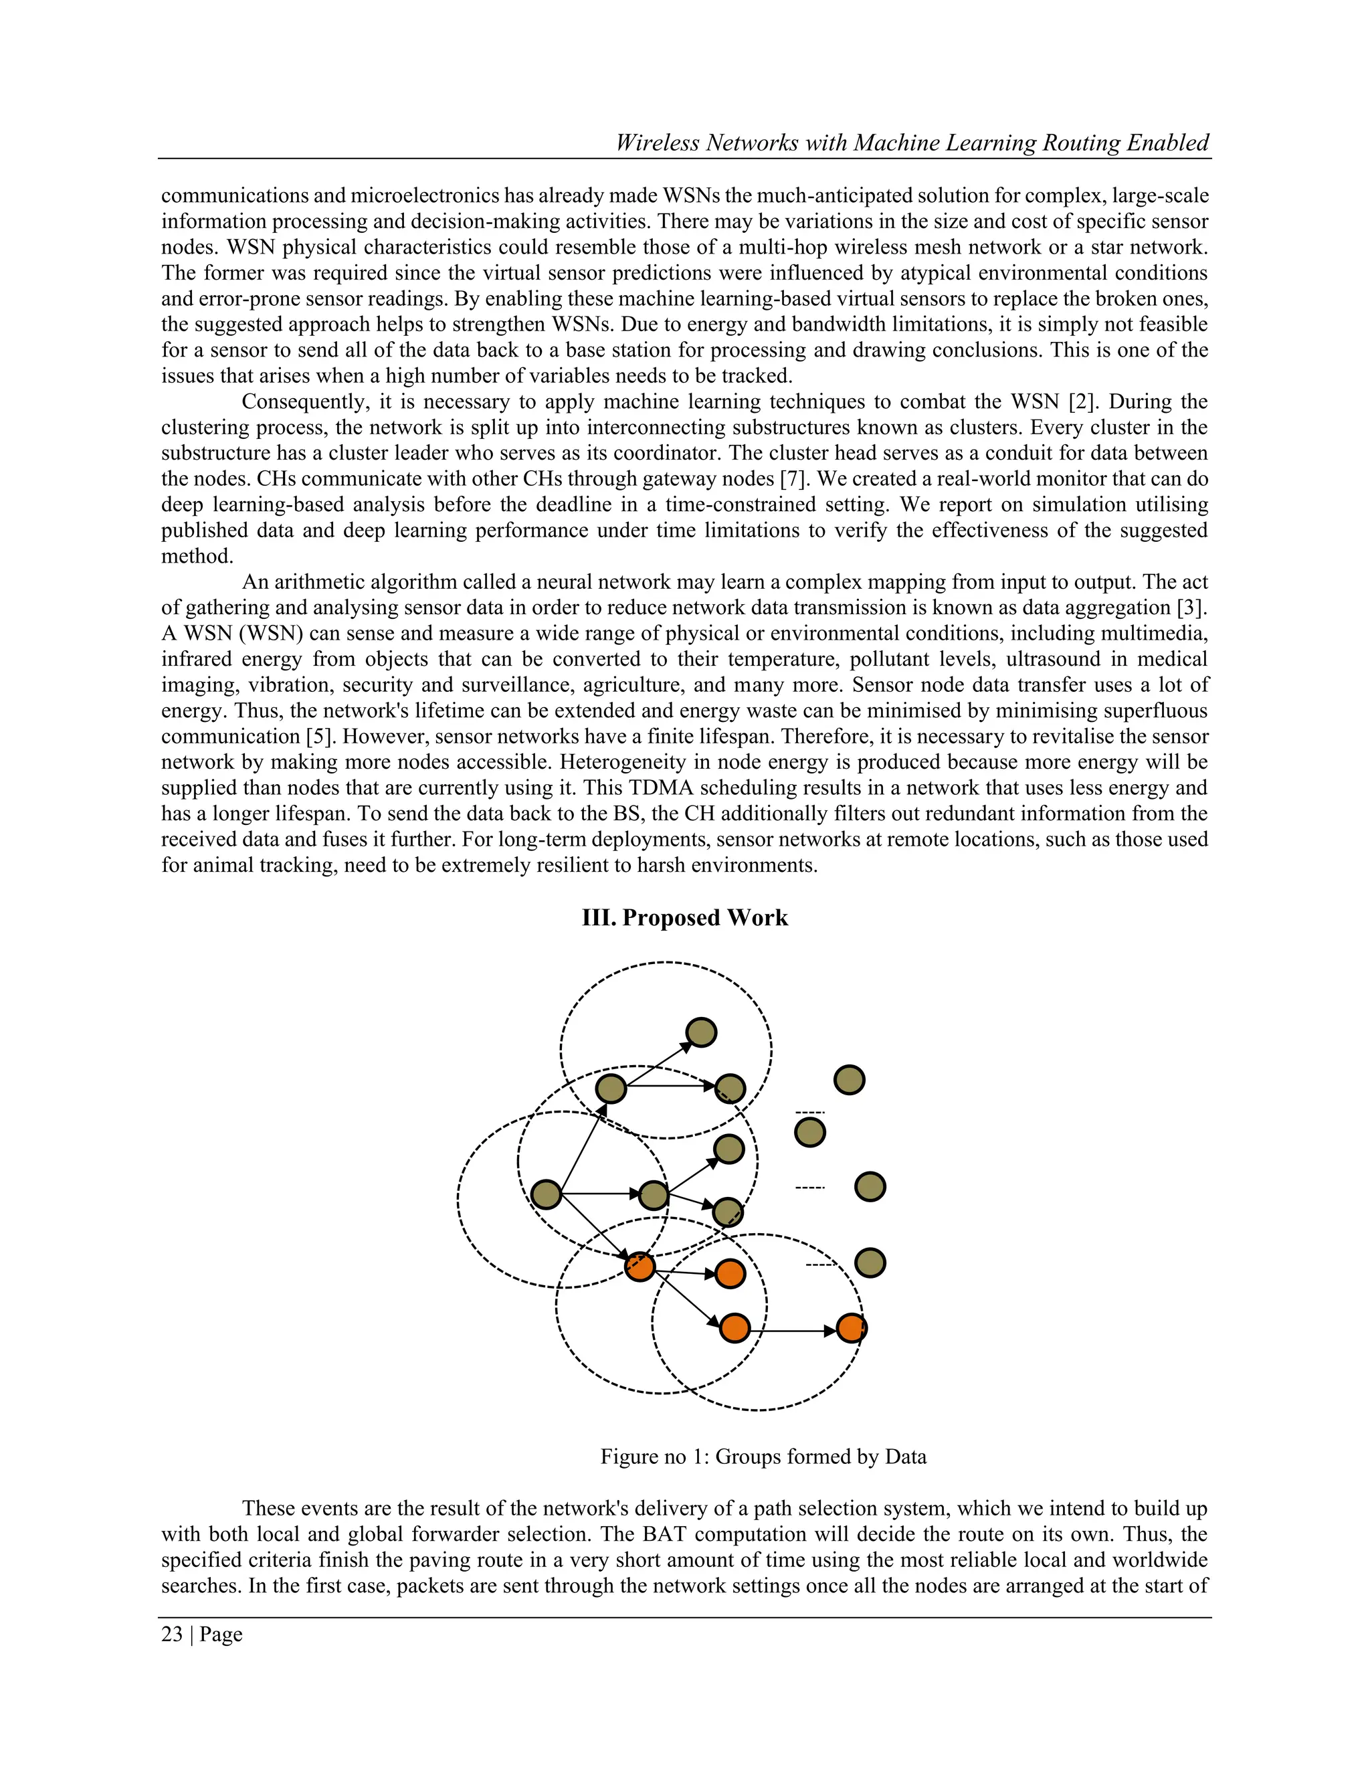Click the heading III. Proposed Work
684,917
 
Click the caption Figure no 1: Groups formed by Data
763,1457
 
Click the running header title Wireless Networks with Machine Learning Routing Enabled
912,143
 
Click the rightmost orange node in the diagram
851,1328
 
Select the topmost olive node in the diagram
700,1032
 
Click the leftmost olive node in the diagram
547,1194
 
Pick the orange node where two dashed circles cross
640,1267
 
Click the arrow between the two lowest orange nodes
792,1331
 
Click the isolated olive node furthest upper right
849,1080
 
